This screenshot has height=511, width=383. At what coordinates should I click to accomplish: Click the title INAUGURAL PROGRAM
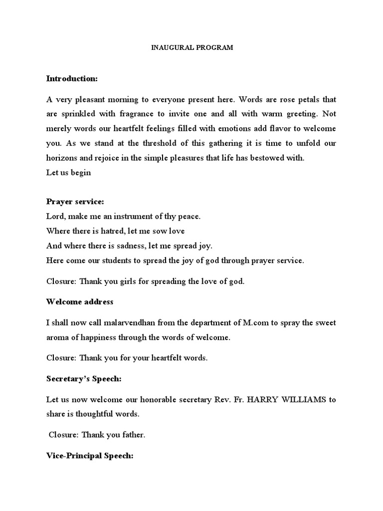192,48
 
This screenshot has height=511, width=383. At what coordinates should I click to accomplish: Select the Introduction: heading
72,78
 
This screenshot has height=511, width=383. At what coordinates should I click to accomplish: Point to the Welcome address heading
80,302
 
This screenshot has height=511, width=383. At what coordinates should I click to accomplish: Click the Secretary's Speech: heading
84,379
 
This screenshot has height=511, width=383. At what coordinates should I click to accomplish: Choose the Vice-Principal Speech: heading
90,457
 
